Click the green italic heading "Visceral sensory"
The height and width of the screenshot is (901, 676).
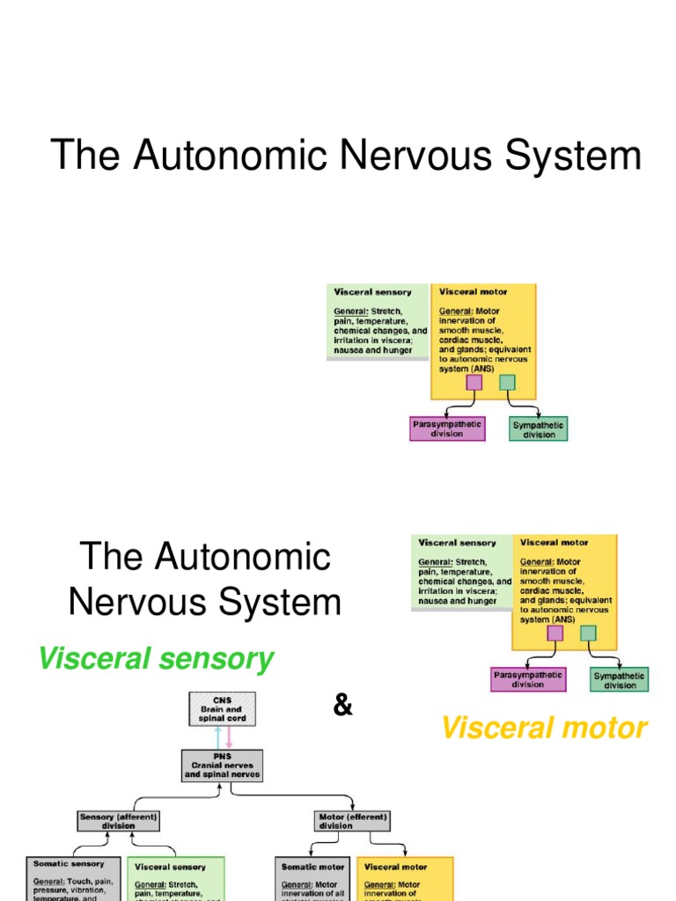156,659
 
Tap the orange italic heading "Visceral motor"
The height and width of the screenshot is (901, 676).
543,728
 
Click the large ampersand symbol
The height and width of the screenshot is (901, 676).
343,706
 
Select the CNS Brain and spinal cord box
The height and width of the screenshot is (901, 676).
223,708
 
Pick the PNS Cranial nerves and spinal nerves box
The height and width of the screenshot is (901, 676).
222,765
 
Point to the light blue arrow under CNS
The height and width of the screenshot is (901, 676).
217,737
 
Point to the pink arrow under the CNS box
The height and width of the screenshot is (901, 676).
229,737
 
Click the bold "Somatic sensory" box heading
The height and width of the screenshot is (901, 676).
69,864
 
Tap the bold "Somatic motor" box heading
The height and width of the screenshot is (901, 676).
312,867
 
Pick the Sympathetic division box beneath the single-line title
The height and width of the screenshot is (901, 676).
539,429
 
